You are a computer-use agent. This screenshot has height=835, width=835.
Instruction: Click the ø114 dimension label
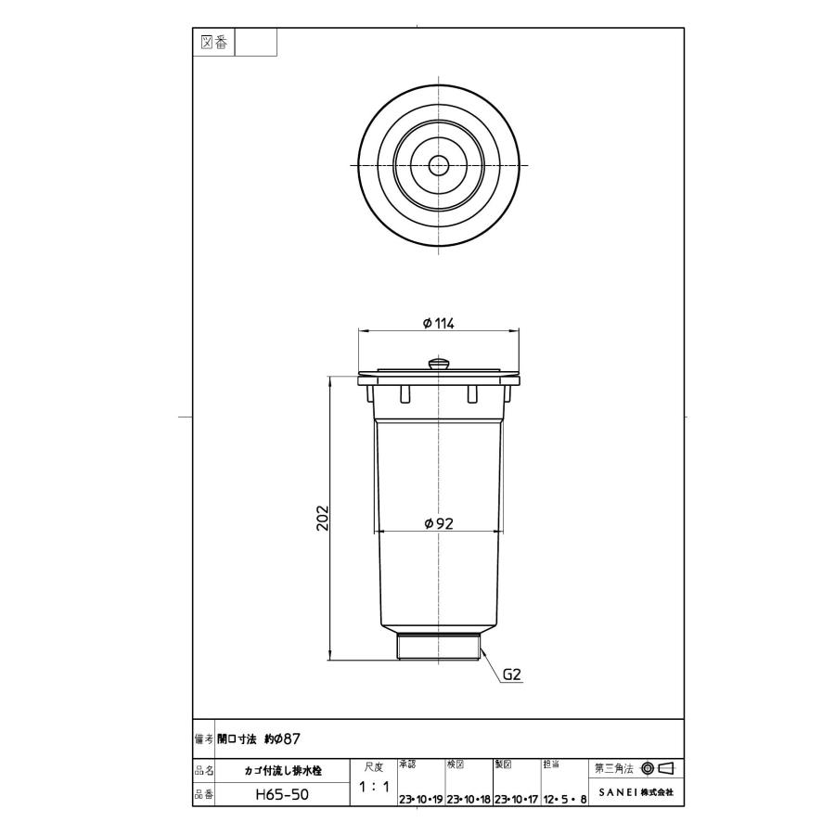click(438, 322)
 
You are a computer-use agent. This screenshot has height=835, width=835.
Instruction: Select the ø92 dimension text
click(438, 523)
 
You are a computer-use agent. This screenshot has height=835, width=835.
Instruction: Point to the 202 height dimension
click(322, 518)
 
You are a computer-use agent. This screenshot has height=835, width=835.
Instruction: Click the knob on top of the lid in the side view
click(438, 362)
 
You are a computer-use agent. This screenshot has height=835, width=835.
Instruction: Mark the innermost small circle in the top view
click(438, 165)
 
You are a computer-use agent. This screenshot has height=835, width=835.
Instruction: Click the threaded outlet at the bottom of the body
click(438, 646)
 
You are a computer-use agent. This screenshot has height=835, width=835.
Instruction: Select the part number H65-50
click(282, 795)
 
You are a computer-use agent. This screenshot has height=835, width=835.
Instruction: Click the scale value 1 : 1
click(373, 787)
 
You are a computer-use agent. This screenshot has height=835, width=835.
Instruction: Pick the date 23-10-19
click(420, 799)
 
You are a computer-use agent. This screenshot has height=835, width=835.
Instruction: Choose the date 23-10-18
click(469, 799)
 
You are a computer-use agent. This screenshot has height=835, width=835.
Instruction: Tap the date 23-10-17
click(517, 799)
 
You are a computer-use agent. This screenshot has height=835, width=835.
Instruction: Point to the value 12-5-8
click(563, 799)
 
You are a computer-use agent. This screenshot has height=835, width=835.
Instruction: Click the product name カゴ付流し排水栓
click(282, 770)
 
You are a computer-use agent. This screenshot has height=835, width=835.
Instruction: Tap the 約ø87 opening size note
click(280, 739)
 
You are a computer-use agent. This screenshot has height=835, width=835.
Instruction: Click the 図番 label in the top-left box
click(213, 42)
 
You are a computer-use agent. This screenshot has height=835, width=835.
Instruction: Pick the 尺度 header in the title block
click(373, 766)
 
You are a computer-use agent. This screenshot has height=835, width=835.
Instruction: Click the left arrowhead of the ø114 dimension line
click(363, 331)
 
